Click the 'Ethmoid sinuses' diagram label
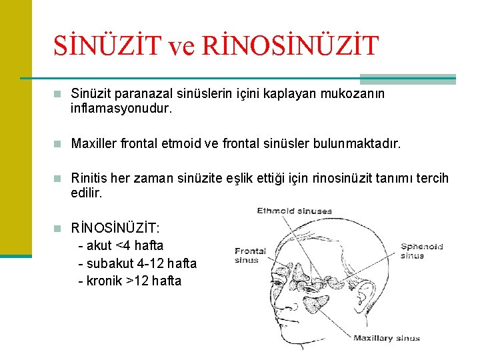pos(294,211)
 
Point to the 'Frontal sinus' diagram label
pos(250,255)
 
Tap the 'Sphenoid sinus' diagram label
pos(421,251)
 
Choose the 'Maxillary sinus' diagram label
pos(387,338)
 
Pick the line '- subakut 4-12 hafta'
pos(137,263)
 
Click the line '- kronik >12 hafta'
pos(129,281)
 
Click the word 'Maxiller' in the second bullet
pos(93,143)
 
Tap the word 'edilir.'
pos(87,193)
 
